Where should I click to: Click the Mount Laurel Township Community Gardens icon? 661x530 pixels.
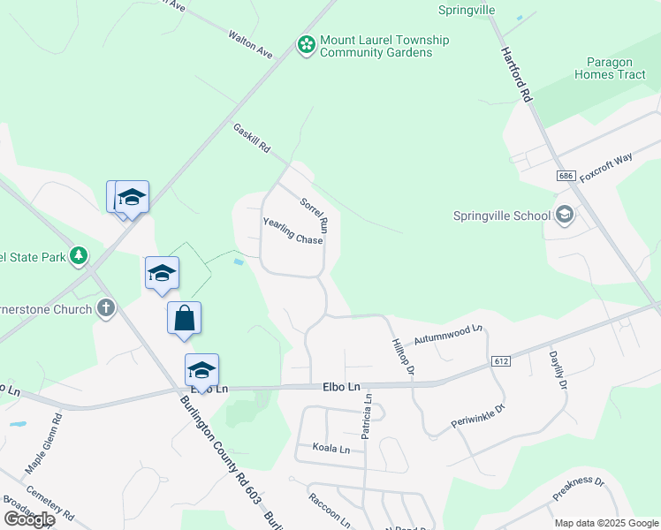[307, 44]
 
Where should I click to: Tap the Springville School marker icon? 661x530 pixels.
[564, 215]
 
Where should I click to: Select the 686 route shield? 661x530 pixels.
[566, 177]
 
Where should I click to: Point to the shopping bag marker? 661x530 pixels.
[184, 318]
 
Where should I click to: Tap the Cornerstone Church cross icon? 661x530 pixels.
[106, 309]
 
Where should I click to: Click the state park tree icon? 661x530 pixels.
[80, 256]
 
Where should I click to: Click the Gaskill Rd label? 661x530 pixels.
[252, 139]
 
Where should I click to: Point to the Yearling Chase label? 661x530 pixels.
[293, 231]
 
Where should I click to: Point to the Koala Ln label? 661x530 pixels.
[331, 449]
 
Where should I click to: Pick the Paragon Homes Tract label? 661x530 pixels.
[617, 68]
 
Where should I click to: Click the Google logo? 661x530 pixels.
[29, 519]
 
